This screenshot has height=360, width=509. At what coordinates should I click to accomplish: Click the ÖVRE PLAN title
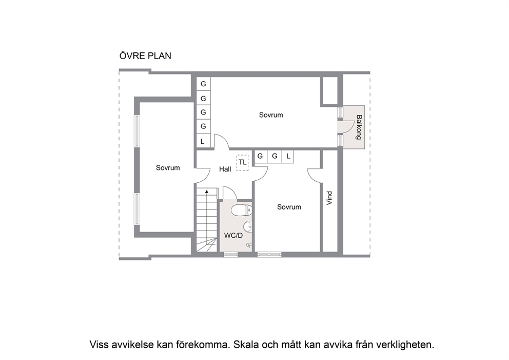145,55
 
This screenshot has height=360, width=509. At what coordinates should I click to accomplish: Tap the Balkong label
358,127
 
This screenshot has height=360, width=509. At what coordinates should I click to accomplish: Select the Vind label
329,198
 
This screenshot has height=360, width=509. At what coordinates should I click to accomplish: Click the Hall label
225,169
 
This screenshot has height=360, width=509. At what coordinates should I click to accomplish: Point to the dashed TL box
242,162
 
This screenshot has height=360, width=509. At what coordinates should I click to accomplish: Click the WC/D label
233,236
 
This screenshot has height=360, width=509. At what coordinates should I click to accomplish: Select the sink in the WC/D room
248,226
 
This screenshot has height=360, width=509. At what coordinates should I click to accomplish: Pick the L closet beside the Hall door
203,141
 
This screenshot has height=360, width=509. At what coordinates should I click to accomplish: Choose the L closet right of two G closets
288,156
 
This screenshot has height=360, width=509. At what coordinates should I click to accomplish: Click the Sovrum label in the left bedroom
168,167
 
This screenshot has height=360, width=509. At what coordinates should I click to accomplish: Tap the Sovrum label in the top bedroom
271,115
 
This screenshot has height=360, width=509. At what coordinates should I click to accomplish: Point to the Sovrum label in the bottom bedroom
289,207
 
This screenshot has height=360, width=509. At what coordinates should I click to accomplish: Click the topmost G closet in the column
203,84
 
